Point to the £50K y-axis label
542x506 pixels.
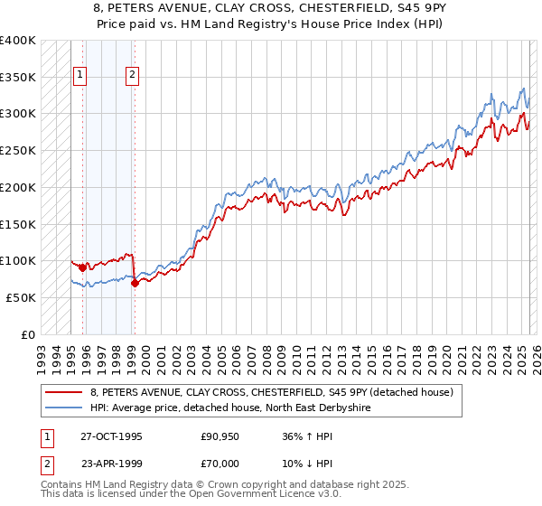[21, 297]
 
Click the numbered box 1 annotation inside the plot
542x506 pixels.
[80, 75]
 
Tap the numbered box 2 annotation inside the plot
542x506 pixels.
[132, 75]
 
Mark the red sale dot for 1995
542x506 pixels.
[82, 267]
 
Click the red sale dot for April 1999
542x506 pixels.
[135, 283]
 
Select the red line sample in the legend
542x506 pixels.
[63, 392]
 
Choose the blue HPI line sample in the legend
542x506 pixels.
[63, 408]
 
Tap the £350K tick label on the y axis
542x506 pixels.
[17, 78]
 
